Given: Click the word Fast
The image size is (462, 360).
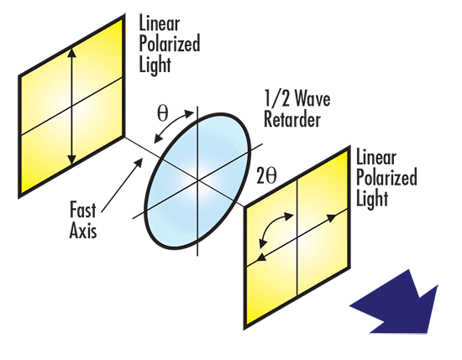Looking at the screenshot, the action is [83, 210].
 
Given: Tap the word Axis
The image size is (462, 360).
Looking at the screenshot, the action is [83, 230].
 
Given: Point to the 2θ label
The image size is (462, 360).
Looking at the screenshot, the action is [266, 175].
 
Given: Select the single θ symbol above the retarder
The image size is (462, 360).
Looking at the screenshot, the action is [163, 113].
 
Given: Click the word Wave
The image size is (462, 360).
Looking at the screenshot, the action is [312, 98].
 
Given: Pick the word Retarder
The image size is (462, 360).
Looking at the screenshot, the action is [292, 119].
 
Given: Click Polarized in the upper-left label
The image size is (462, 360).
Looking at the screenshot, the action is [170, 44].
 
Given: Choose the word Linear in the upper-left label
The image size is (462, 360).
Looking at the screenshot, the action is [159, 23].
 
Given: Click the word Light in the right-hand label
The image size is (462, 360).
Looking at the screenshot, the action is [372, 199].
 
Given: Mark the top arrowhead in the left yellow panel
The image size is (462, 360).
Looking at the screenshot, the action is [72, 52].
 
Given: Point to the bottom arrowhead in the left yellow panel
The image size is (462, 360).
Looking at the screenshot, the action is [71, 159].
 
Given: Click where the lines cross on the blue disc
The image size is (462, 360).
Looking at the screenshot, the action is [197, 180].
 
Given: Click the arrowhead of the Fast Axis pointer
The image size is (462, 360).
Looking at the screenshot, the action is [139, 161].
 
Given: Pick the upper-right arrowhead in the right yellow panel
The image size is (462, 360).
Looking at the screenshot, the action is [332, 218].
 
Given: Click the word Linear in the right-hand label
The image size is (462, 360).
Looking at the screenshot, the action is [376, 157].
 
